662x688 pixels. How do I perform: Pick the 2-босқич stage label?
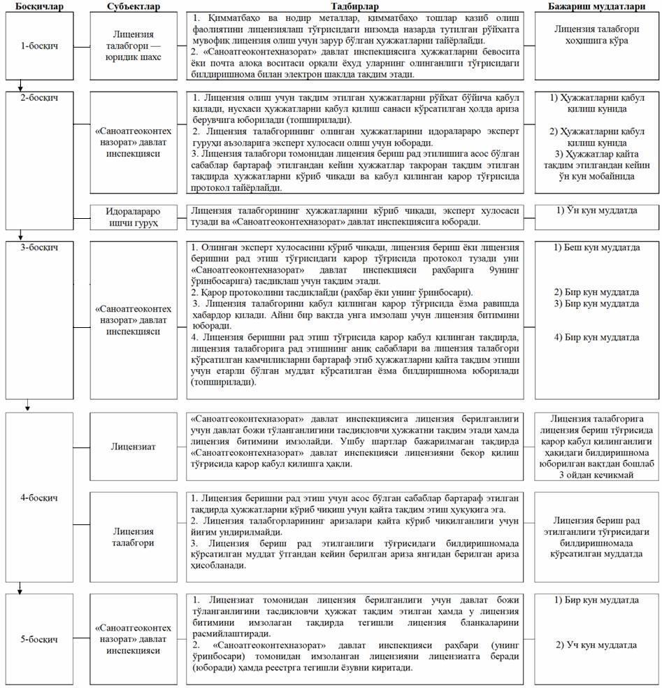pos(39,97)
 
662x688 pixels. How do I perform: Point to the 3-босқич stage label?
pos(39,248)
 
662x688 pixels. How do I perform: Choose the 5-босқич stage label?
pos(39,639)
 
